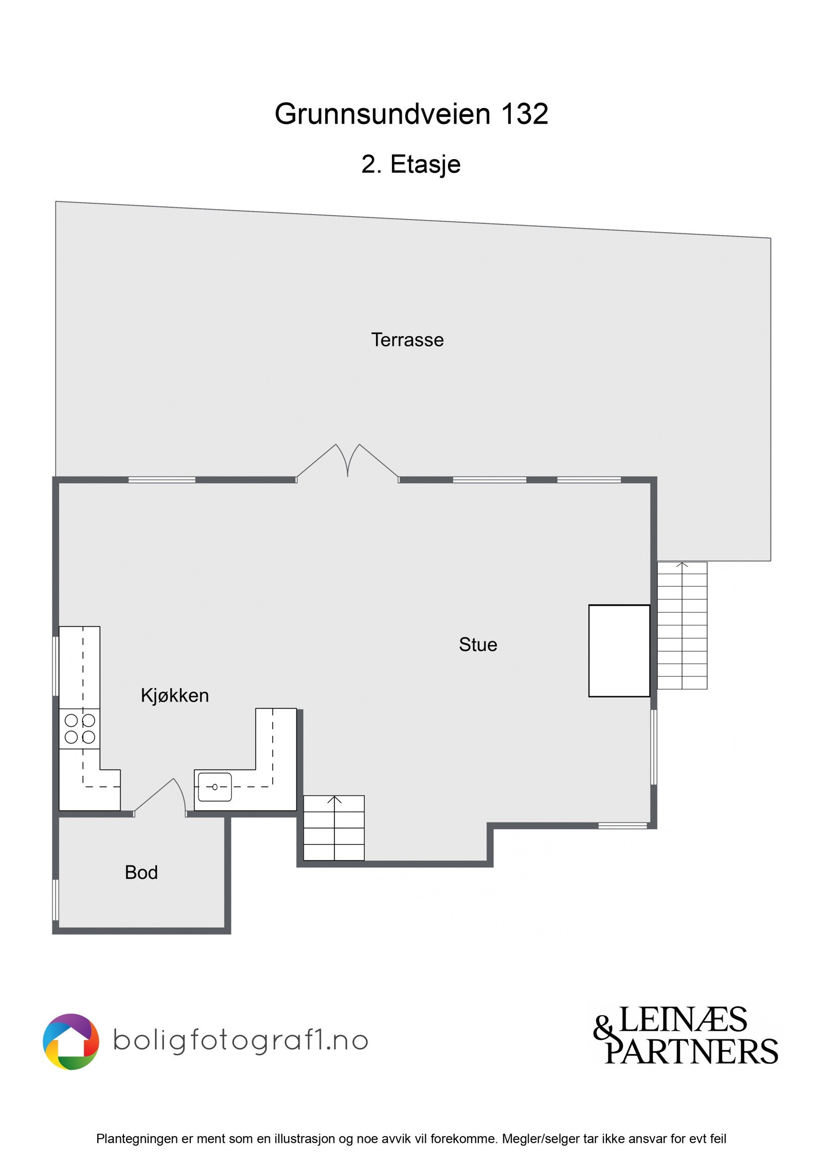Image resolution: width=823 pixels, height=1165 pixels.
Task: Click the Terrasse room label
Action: (407, 340)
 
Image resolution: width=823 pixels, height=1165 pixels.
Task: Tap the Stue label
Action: (478, 645)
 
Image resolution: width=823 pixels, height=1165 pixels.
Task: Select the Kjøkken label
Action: (174, 695)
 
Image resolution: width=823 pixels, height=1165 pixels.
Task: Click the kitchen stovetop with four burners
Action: (80, 728)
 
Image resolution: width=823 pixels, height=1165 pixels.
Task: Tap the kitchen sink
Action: (214, 787)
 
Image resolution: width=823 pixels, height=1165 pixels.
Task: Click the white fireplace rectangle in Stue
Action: (619, 651)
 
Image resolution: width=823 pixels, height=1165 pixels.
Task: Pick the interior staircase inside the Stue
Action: (334, 828)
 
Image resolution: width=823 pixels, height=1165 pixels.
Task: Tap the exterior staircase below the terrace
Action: (682, 625)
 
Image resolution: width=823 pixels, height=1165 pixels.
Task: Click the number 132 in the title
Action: (524, 114)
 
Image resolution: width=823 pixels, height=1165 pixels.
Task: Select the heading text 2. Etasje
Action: (411, 165)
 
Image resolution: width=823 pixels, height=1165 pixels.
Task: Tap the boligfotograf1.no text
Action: (240, 1040)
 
